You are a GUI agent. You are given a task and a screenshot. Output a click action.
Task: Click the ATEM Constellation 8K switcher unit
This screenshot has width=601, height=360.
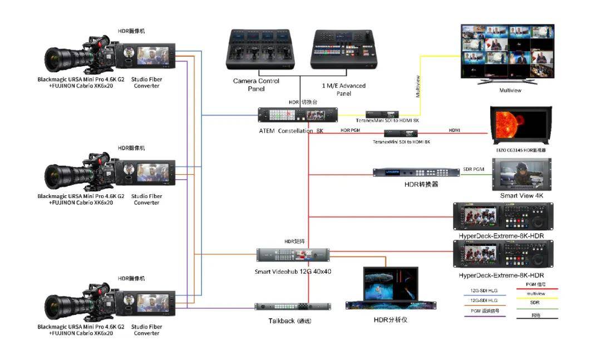point(298,115)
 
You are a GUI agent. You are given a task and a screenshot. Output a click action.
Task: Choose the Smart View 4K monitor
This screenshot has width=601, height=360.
point(521,175)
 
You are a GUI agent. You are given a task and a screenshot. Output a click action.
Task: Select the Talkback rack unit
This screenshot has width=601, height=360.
point(293,307)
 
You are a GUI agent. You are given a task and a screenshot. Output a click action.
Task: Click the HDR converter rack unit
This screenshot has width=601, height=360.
point(416,172)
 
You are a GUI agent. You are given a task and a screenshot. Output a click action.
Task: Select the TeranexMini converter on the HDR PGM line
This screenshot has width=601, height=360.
point(401,134)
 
